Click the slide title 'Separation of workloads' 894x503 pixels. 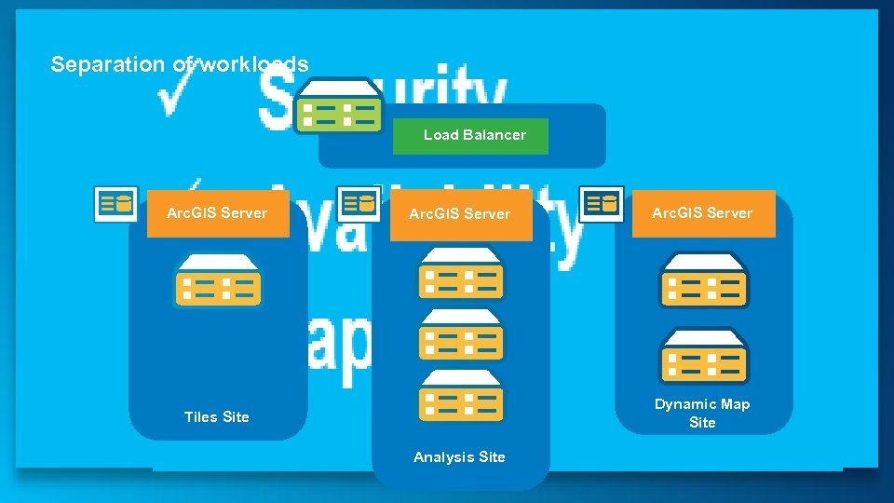(x=179, y=64)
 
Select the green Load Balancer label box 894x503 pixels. (x=469, y=136)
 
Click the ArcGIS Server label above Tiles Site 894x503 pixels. (x=217, y=213)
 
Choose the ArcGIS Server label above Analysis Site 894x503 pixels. (x=460, y=214)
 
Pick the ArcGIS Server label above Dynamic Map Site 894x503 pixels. (x=702, y=213)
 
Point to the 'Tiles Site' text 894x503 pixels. (x=217, y=417)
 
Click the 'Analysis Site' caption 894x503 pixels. (x=459, y=457)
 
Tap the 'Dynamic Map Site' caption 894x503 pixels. (x=702, y=413)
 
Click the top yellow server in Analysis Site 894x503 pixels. (x=461, y=274)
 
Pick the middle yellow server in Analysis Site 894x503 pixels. (x=461, y=335)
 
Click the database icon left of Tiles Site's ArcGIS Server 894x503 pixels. (x=116, y=204)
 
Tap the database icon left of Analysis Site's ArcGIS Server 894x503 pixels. (x=359, y=204)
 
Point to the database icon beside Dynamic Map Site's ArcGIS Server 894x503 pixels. (x=602, y=204)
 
